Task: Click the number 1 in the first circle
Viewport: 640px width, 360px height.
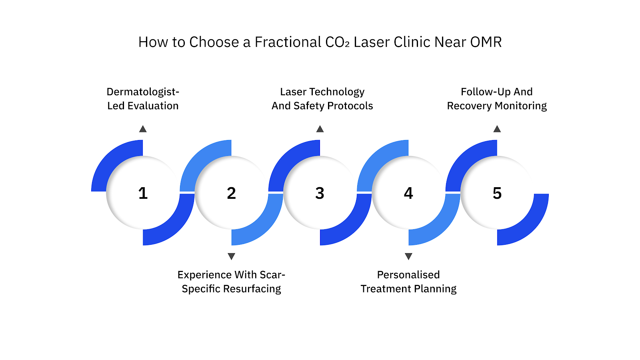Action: (x=143, y=193)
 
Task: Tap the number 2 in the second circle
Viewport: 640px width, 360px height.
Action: (x=231, y=193)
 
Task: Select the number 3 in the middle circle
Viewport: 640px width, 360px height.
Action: (x=320, y=193)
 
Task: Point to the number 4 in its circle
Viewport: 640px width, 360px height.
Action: (x=408, y=193)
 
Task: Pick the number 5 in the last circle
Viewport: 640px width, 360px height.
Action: (x=497, y=193)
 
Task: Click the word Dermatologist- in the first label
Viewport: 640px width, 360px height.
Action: (x=143, y=92)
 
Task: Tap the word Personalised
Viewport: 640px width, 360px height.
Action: (x=408, y=275)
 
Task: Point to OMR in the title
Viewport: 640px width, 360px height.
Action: (x=486, y=42)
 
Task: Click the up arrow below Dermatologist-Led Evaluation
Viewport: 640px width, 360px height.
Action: (x=143, y=129)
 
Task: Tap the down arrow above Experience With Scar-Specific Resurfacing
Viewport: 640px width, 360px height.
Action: (x=231, y=256)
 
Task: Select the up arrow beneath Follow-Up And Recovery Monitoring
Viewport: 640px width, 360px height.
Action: (x=497, y=129)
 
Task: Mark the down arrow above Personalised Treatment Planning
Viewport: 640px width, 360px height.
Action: (x=408, y=256)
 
